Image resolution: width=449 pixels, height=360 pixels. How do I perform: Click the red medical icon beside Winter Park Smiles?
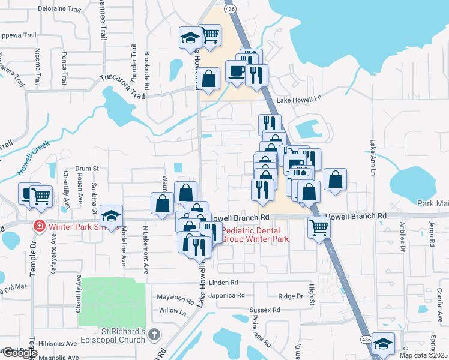[38, 226]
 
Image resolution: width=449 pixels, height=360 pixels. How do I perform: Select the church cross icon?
[154, 334]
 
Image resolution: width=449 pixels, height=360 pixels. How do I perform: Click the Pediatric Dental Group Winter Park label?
[255, 235]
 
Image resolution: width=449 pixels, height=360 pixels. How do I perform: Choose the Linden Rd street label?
[224, 282]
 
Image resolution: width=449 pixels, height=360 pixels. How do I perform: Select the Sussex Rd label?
[265, 310]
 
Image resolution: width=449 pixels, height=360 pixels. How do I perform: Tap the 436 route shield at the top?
[229, 10]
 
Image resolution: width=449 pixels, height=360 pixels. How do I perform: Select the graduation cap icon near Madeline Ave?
[112, 214]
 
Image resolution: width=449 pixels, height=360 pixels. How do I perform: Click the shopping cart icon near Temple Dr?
[40, 194]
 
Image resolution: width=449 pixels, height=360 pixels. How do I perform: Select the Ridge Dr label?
[291, 296]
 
